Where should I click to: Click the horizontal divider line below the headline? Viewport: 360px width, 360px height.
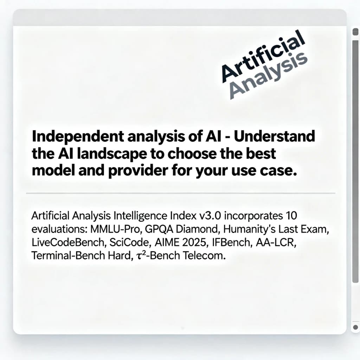coord(181,193)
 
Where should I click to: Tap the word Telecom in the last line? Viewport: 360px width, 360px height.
coord(204,256)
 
